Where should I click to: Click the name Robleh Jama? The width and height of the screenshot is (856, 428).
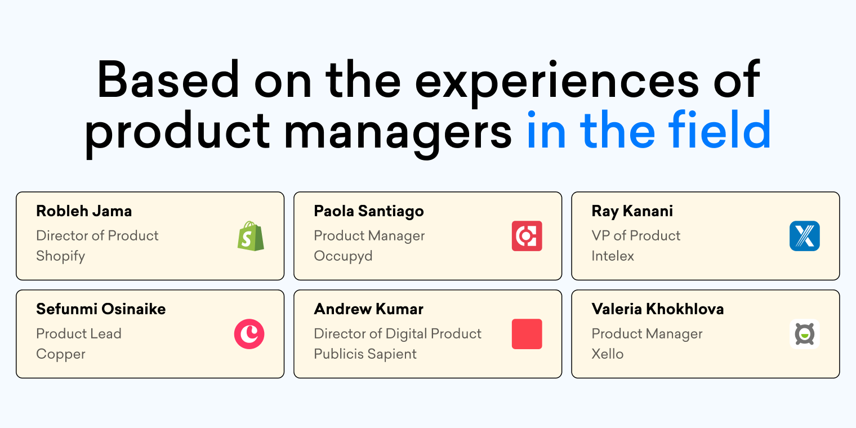pyautogui.click(x=84, y=211)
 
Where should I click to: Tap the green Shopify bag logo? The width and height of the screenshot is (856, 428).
pyautogui.click(x=250, y=236)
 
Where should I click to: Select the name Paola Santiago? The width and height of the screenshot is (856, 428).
pyautogui.click(x=369, y=211)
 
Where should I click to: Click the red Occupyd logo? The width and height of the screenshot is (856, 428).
pyautogui.click(x=527, y=236)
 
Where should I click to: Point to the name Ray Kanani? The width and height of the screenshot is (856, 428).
pyautogui.click(x=632, y=211)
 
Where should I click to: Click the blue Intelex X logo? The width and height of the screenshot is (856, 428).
pyautogui.click(x=804, y=236)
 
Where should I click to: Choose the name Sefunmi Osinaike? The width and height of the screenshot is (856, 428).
pyautogui.click(x=101, y=309)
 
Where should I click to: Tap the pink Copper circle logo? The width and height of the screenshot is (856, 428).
pyautogui.click(x=249, y=334)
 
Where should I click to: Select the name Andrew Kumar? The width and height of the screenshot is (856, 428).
pyautogui.click(x=368, y=309)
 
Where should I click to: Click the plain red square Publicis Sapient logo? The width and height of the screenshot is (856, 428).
pyautogui.click(x=527, y=334)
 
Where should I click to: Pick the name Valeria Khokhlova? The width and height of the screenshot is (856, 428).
pyautogui.click(x=657, y=309)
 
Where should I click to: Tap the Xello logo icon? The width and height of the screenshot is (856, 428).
pyautogui.click(x=804, y=334)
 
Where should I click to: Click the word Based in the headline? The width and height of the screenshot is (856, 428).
pyautogui.click(x=168, y=81)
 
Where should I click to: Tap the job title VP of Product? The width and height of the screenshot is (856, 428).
pyautogui.click(x=636, y=235)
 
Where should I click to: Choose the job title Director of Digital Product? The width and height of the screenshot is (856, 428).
pyautogui.click(x=398, y=333)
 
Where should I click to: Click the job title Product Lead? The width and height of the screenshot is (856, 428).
pyautogui.click(x=79, y=333)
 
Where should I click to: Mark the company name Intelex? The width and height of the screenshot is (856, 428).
pyautogui.click(x=613, y=256)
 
